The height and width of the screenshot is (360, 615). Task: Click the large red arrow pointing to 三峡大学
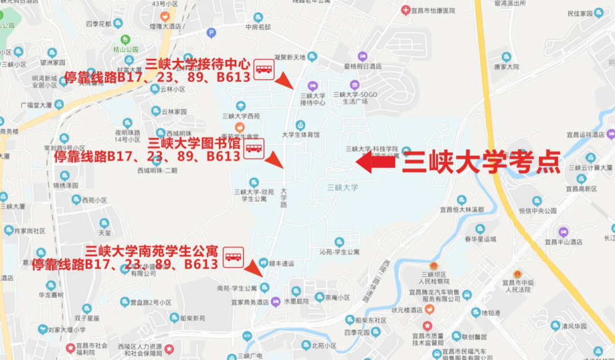click(x=375, y=162)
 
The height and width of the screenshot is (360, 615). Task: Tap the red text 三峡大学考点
click(x=481, y=162)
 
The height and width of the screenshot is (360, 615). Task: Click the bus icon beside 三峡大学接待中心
click(x=264, y=69)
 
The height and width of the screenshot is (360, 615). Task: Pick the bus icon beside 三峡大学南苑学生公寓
click(x=233, y=256)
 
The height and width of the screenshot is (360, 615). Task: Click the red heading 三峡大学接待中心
click(x=198, y=64)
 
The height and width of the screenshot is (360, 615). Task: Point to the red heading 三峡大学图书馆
click(x=194, y=142)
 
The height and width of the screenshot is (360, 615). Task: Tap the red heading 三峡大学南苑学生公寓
click(x=151, y=251)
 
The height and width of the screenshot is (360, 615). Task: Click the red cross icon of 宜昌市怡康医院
click(x=405, y=10)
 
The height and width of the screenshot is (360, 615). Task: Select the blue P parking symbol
click(x=211, y=32)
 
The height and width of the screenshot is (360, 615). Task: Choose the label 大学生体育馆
click(x=301, y=134)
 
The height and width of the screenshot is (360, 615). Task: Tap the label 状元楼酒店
click(x=407, y=310)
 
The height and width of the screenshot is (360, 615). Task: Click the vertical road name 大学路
click(x=284, y=197)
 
